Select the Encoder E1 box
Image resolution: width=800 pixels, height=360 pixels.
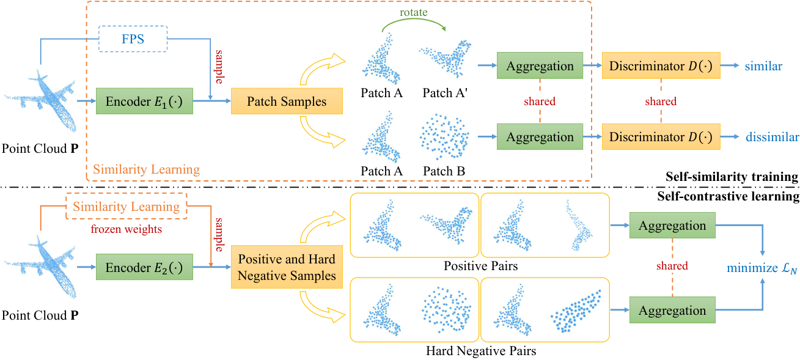point(144,101)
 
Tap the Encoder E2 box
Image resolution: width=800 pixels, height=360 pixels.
point(144,267)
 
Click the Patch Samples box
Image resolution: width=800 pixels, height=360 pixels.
point(287,101)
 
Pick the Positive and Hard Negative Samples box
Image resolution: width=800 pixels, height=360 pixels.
point(287,267)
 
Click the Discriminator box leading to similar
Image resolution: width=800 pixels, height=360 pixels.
point(661,66)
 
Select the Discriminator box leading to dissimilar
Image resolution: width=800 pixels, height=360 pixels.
point(661,137)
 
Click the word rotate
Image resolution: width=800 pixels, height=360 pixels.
point(414,12)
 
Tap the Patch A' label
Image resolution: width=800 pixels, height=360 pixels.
point(445,93)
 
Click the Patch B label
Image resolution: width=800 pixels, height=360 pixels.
point(444,171)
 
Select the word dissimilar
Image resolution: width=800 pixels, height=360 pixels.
point(772,137)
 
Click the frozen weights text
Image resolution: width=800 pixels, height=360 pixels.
point(126,229)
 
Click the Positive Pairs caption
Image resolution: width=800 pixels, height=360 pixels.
point(481,266)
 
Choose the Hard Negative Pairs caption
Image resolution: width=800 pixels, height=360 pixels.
point(481,351)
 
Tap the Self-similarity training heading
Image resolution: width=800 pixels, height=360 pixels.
point(732,177)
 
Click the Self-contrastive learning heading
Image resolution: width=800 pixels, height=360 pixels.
point(728,196)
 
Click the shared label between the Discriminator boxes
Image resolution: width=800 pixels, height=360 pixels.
point(661,101)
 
